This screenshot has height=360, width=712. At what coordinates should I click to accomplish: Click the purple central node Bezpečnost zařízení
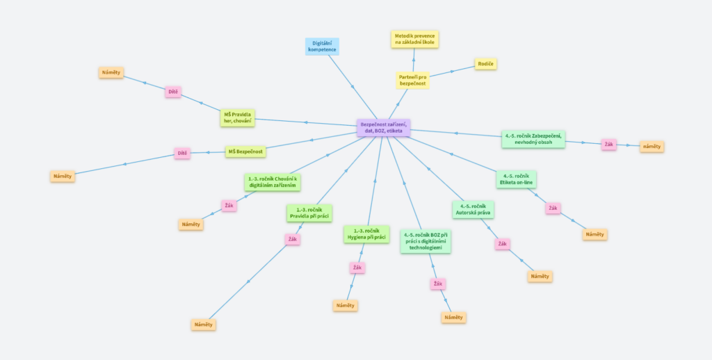[x=384, y=128]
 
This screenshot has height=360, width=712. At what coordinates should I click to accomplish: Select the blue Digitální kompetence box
[x=322, y=47]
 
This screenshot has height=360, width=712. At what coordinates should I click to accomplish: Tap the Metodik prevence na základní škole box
[x=414, y=39]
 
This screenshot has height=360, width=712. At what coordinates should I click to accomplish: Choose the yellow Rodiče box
[x=486, y=64]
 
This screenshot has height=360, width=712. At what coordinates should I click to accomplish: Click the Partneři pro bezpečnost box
[x=412, y=81]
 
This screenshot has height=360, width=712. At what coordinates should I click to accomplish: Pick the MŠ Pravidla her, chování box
[x=238, y=117]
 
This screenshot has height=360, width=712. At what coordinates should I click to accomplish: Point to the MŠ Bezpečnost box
[x=245, y=152]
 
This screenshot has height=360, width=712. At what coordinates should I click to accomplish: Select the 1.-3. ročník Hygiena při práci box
[x=366, y=234]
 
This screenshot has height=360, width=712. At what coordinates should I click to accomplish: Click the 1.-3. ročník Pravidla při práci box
[x=309, y=213]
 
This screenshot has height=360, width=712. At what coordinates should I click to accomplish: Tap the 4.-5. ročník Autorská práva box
[x=473, y=210]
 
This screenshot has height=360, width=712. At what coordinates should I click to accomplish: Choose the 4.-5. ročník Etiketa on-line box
[x=517, y=179]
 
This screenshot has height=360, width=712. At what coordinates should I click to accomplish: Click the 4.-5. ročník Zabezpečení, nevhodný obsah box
[x=533, y=139]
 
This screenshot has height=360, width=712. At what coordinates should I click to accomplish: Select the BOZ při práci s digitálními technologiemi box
[x=426, y=241]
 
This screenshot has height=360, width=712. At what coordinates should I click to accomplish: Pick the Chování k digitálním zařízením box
[x=273, y=182]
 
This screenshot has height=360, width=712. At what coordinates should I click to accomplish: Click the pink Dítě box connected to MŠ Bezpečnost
[x=182, y=153]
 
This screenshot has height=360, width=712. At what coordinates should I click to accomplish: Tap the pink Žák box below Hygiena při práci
[x=357, y=268]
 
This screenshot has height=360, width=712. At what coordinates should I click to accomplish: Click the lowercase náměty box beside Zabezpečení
[x=652, y=147]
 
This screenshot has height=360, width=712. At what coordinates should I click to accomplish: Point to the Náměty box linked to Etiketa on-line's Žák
[x=595, y=234]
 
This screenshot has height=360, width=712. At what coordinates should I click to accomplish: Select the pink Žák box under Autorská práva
[x=502, y=244]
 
